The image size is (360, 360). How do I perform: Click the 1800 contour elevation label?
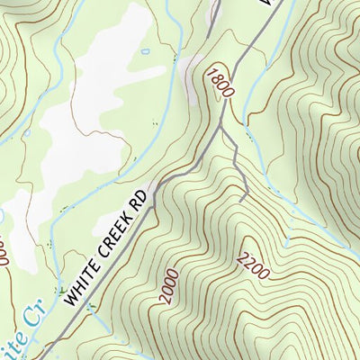tap(218, 83)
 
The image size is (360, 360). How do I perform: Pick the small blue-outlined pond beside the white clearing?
tap(145, 52)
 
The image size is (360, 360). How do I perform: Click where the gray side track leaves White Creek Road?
tap(220, 128)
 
